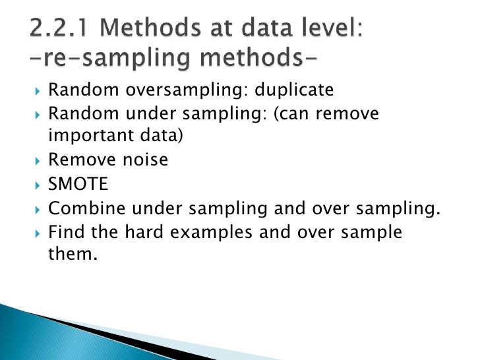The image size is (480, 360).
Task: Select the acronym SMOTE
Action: [78, 185]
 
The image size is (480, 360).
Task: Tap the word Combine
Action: [80, 209]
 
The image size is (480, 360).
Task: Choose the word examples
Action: [202, 233]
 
